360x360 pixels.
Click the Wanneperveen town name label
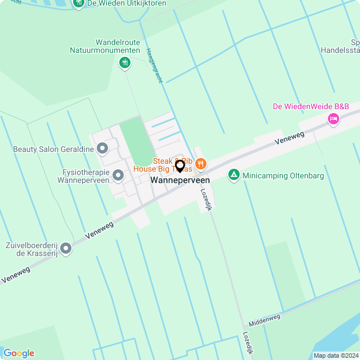click(180, 181)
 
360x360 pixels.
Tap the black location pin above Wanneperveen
click(180, 166)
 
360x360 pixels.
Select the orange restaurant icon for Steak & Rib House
click(201, 164)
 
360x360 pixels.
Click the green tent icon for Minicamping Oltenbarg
click(233, 175)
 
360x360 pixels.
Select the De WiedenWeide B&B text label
click(310, 106)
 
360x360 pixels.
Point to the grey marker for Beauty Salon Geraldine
click(102, 149)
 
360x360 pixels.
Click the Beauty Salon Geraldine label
click(53, 150)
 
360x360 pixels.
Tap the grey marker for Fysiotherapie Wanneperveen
click(118, 176)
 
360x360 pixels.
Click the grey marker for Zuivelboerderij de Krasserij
click(66, 248)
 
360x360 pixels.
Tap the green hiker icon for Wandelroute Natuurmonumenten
click(124, 62)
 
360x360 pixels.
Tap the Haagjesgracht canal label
click(154, 65)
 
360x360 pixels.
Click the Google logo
click(19, 353)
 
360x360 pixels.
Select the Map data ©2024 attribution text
click(335, 355)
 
